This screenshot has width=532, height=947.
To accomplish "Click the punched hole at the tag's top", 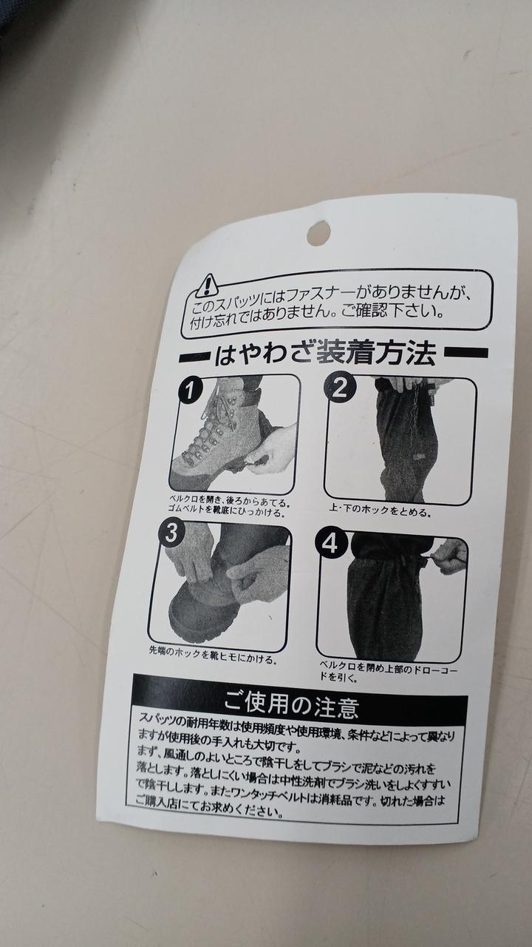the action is [x=318, y=232].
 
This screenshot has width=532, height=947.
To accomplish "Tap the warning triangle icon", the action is [x=207, y=286].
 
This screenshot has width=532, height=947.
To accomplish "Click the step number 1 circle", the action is [x=191, y=391].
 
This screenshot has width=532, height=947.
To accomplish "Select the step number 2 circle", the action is [x=338, y=388].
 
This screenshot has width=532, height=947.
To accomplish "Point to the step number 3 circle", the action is [x=171, y=533].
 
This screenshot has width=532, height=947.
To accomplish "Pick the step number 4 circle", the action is [x=330, y=544].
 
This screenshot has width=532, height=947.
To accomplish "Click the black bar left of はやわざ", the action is [x=194, y=357].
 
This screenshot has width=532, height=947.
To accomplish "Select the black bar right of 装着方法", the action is [x=465, y=352].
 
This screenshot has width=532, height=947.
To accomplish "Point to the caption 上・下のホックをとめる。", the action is [x=380, y=510].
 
